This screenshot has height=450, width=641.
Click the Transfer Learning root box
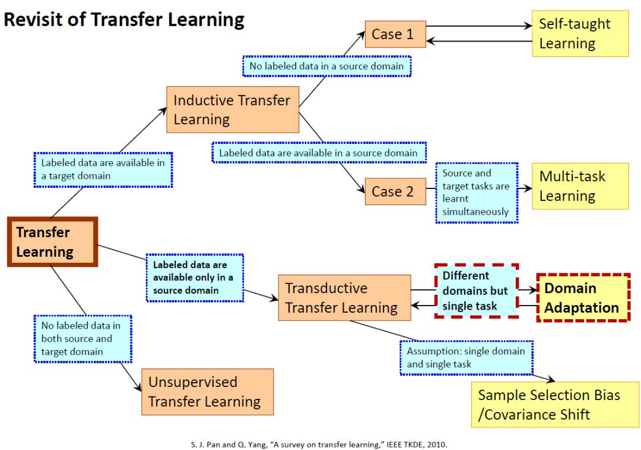[x=52, y=242]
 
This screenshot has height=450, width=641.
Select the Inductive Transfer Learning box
[x=232, y=109]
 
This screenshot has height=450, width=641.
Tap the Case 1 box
[x=395, y=34]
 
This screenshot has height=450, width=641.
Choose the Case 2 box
[x=395, y=191]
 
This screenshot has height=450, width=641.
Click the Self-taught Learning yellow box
[x=580, y=33]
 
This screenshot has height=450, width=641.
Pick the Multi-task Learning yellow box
[x=580, y=186]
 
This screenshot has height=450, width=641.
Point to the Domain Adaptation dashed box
[x=582, y=298]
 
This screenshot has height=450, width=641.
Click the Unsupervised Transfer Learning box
[x=207, y=392]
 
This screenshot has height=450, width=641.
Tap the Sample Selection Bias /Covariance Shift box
[x=556, y=404]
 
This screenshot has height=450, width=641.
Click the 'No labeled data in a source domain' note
[x=326, y=66]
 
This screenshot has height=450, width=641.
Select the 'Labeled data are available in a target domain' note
[x=103, y=169]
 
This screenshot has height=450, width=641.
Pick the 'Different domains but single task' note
[x=476, y=291]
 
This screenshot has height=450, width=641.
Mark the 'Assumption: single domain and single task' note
[x=466, y=357]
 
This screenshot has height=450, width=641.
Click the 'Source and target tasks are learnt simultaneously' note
[x=477, y=193]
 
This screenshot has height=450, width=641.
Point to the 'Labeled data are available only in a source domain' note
[x=194, y=278]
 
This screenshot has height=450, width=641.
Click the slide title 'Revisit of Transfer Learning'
[x=124, y=20]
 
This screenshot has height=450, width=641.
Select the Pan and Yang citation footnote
[x=320, y=443]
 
